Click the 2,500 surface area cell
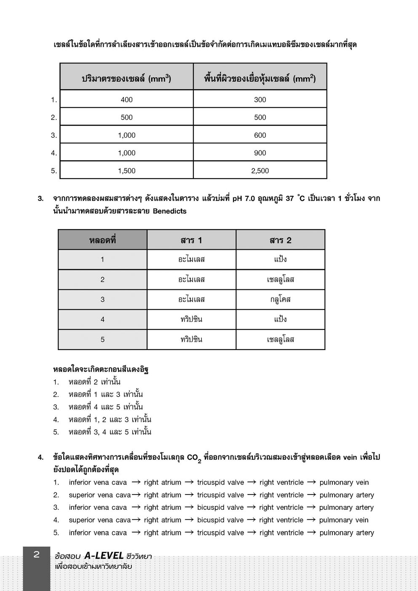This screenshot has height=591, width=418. pos(260,171)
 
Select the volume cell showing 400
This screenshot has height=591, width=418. pos(126,99)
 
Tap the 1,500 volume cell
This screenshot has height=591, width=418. pos(126,171)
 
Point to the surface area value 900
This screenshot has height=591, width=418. pos(260,153)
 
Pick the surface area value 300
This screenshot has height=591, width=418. pos(260,99)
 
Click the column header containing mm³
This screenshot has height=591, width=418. pos(126,78)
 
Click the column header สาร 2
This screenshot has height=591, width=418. pos(280,240)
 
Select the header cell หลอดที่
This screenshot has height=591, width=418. pos(102,240)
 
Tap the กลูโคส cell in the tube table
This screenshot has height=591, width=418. pos(280,300)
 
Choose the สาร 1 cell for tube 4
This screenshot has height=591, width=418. pos(191,319)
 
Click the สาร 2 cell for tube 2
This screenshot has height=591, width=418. pos(280,279)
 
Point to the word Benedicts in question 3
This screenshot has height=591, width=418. pos(169,211)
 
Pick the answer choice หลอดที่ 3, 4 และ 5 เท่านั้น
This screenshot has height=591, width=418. pos(110,432)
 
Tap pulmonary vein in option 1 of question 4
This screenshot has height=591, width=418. pos(344,482)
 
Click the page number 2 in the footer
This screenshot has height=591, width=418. pos(36,554)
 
